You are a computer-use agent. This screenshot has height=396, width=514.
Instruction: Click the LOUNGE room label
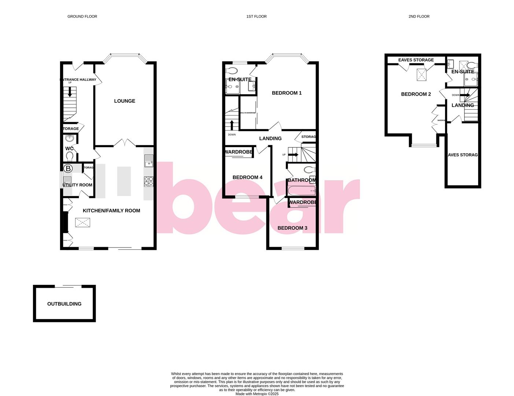[125, 101]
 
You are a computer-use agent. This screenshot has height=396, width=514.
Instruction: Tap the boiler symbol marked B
[68, 169]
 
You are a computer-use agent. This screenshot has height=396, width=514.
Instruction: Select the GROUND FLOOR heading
[82, 16]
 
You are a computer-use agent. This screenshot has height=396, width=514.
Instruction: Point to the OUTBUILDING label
[64, 304]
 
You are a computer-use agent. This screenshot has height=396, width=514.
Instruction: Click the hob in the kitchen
[148, 181]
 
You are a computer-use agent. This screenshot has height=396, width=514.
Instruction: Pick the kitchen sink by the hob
[148, 161]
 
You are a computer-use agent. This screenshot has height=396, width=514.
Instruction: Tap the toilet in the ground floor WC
[70, 157]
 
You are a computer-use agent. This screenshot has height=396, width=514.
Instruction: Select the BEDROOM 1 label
[286, 93]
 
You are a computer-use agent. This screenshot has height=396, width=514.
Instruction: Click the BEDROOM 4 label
[247, 177]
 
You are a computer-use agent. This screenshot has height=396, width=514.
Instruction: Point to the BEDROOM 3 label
[292, 228]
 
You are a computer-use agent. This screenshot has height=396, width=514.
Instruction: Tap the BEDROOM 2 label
[416, 94]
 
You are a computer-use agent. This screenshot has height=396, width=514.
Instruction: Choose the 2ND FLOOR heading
[419, 16]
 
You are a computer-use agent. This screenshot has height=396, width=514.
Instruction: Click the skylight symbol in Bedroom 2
[422, 75]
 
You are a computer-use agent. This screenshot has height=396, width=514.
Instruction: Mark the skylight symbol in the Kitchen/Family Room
[82, 222]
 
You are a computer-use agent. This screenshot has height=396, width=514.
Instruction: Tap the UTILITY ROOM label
[77, 185]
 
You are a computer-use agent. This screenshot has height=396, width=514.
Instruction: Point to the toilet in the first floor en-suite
[232, 70]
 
